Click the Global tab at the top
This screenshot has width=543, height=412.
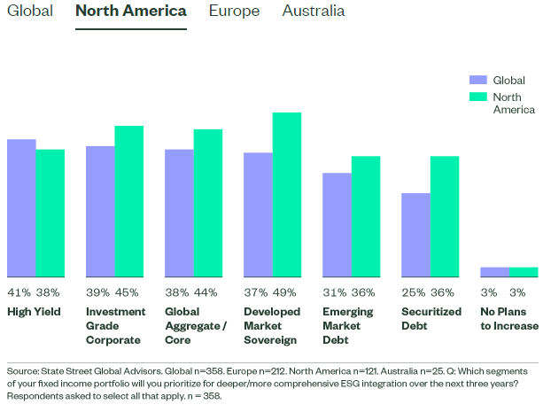click(x=27, y=12)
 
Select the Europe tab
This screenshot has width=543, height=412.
click(x=234, y=12)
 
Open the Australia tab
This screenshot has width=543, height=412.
click(x=314, y=12)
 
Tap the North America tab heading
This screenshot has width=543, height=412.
click(x=131, y=12)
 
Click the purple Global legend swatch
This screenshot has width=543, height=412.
click(x=478, y=78)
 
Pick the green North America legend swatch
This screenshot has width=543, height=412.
click(x=478, y=96)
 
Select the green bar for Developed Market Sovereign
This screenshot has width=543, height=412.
click(x=286, y=194)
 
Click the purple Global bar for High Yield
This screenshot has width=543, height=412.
click(x=21, y=207)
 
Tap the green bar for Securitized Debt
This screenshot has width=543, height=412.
click(x=445, y=216)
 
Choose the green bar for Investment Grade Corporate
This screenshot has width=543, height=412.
click(x=128, y=201)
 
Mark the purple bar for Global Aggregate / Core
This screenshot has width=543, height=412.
click(x=179, y=213)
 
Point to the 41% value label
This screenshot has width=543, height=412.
click(x=19, y=292)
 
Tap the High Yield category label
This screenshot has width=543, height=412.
click(x=33, y=312)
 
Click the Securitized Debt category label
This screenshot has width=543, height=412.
click(x=431, y=319)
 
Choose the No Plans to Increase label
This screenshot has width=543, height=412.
click(x=508, y=319)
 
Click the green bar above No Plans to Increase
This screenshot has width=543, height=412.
click(x=524, y=272)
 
